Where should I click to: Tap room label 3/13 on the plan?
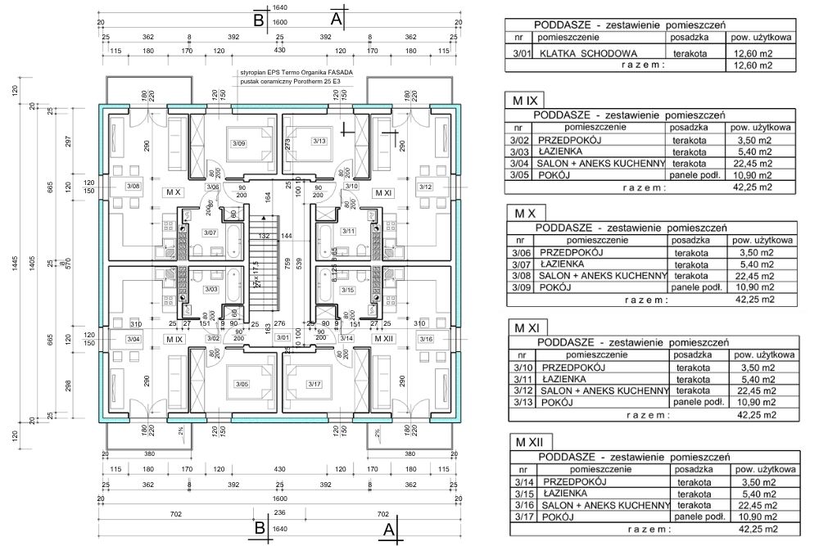click(319, 142)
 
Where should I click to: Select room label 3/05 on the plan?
click(242, 384)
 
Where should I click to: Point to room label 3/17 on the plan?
click(315, 384)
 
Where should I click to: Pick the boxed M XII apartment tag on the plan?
click(382, 338)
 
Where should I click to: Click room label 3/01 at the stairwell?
click(283, 337)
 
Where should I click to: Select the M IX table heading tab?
click(525, 101)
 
